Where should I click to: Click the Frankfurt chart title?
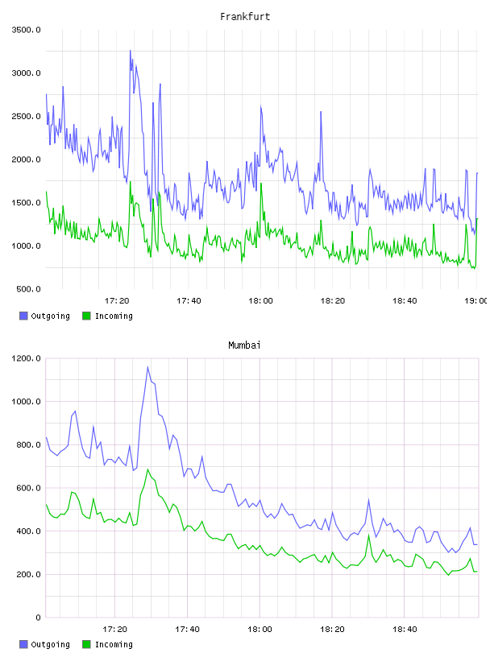245,17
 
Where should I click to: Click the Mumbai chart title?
244,345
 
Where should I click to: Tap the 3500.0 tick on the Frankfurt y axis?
26,30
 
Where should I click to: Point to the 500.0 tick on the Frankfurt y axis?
28,289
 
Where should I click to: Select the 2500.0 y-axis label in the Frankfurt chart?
26,116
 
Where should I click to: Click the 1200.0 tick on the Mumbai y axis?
26,358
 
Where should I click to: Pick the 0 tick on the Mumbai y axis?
38,618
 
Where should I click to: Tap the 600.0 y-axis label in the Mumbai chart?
28,488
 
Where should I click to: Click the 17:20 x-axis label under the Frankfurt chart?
117,300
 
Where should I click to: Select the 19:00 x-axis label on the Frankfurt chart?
475,300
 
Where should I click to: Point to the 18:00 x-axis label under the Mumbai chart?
260,629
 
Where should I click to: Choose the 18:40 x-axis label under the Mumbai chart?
405,629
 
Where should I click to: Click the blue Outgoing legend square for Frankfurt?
23,316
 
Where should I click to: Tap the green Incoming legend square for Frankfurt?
86,316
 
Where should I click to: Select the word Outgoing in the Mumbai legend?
50,644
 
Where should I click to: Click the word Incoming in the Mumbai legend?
114,644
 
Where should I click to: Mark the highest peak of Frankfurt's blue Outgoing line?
130,51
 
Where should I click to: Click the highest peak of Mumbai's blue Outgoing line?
147,367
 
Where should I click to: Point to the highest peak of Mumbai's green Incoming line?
147,469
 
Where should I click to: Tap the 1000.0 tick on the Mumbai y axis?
26,402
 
